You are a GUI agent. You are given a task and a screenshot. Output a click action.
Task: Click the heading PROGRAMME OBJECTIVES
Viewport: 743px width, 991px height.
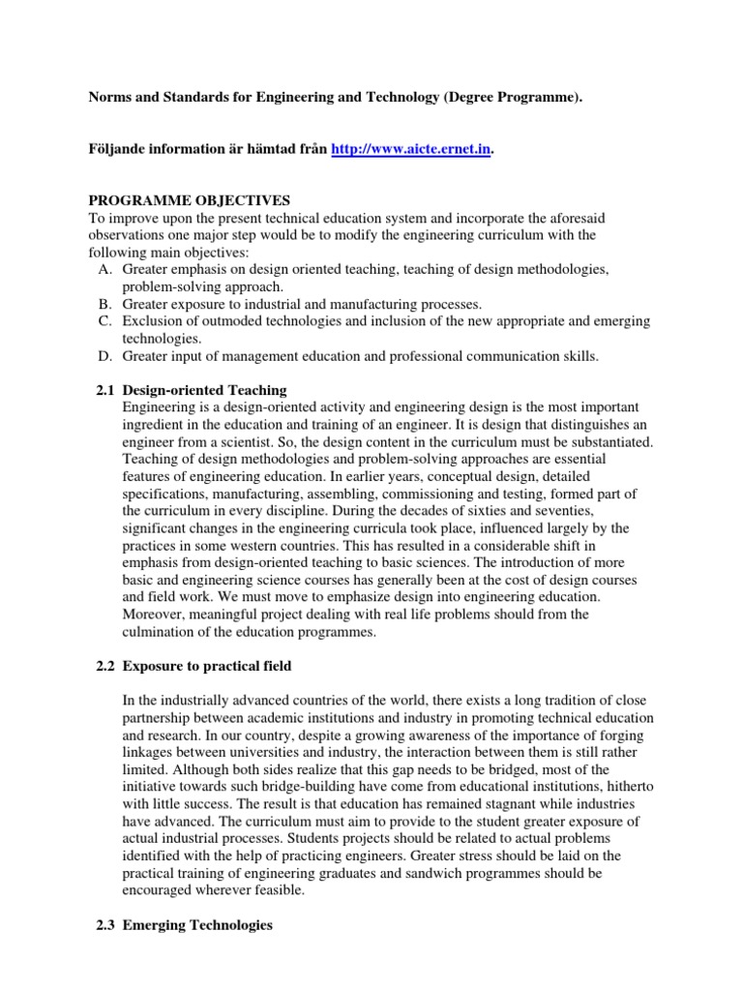[189, 200]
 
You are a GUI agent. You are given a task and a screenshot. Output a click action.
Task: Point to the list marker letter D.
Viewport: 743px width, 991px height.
[104, 356]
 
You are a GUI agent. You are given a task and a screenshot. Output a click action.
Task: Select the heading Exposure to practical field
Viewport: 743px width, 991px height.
[218, 665]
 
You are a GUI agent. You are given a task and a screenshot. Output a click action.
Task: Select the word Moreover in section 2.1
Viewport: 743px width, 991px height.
[155, 615]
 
